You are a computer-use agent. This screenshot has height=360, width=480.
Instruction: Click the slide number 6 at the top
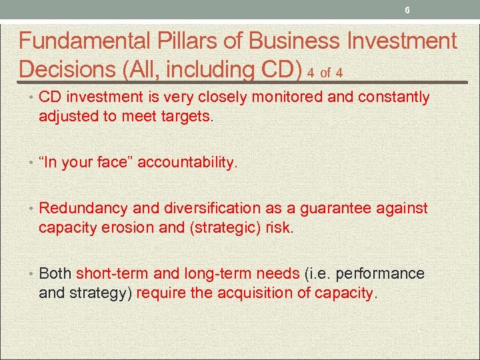407,10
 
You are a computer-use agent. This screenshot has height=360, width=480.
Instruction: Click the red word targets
186,117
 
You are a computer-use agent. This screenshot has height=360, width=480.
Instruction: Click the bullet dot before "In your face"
32,162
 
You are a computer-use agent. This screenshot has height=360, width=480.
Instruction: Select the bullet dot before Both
32,273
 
